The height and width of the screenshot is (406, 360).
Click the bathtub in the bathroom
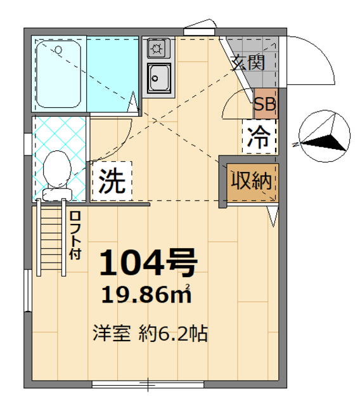pyautogui.click(x=58, y=74)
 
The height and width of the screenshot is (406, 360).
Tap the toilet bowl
pyautogui.click(x=58, y=167)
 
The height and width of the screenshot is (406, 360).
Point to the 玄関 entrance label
pyautogui.click(x=247, y=62)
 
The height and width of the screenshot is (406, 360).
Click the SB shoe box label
pyautogui.click(x=265, y=105)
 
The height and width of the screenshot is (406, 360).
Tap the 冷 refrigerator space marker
pyautogui.click(x=259, y=135)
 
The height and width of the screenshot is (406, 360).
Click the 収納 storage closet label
pyautogui.click(x=250, y=182)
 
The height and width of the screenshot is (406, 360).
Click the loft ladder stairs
pyautogui.click(x=51, y=236)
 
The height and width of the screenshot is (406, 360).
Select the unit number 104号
pyautogui.click(x=149, y=264)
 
